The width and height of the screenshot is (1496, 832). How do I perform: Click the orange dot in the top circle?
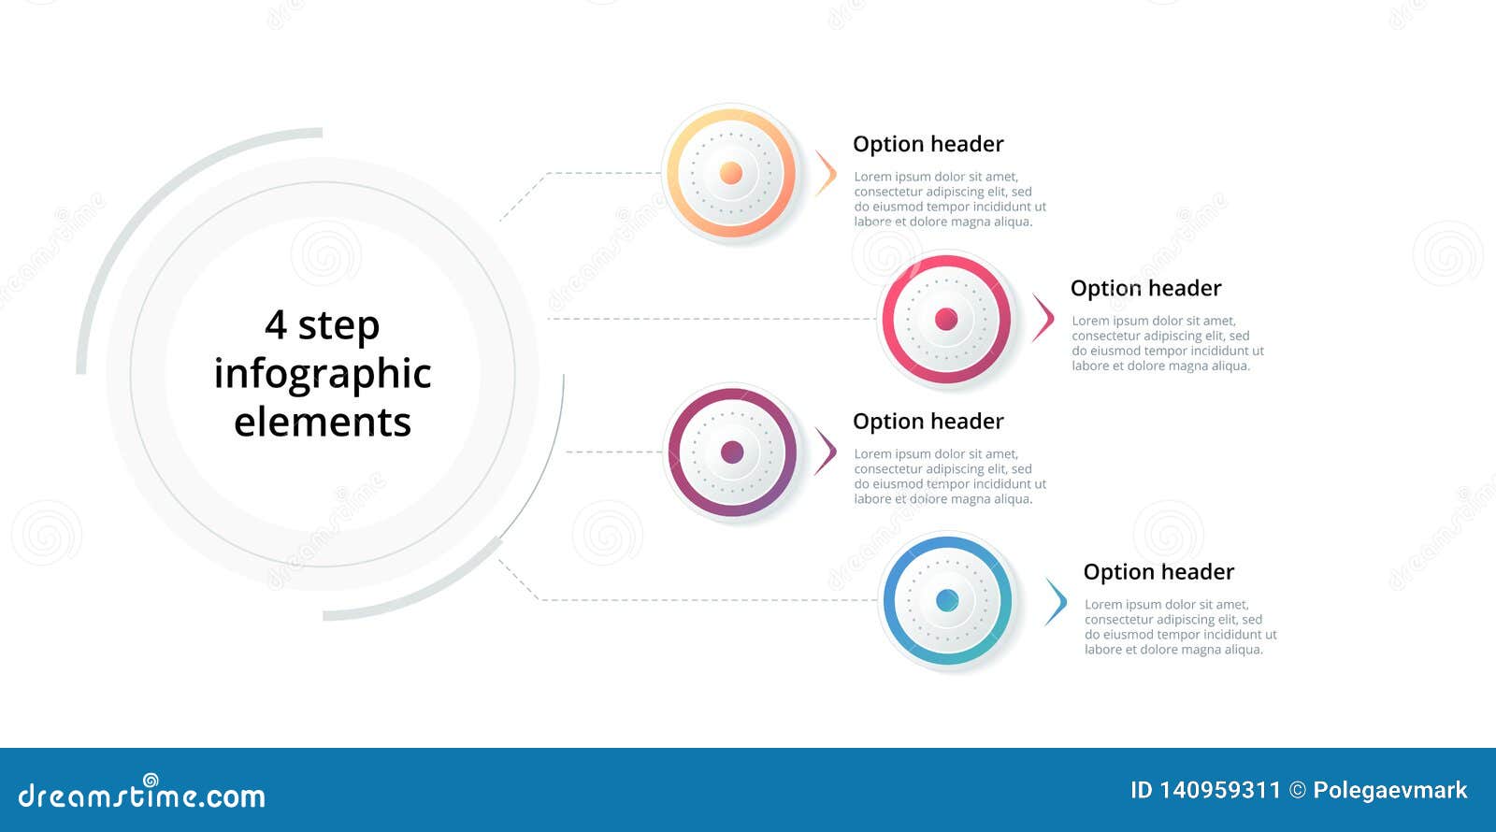point(731,173)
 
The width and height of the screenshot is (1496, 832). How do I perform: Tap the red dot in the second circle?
point(946,319)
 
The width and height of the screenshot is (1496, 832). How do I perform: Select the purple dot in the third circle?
point(732,452)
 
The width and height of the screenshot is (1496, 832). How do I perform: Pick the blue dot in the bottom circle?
point(947,600)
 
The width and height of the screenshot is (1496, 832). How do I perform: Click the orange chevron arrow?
point(826,173)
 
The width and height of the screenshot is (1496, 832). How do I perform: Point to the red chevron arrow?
point(1043,318)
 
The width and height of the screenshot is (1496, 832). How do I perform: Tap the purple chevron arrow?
point(826,452)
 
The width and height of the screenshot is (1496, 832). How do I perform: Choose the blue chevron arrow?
point(1057,601)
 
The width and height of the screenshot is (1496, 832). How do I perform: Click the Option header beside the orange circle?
point(928,144)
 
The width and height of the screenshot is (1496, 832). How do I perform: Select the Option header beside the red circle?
point(1145,288)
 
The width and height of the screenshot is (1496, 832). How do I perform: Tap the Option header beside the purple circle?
point(928,422)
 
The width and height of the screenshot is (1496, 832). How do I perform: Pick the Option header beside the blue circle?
point(1158,572)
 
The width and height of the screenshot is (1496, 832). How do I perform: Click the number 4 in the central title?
point(276,325)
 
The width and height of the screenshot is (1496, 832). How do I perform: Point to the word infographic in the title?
point(323,374)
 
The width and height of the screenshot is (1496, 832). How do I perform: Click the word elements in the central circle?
point(323,423)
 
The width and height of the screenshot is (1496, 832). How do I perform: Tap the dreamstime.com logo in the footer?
point(142,795)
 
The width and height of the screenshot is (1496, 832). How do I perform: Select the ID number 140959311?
point(1219,791)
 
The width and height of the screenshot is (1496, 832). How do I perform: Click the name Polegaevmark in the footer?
point(1389,791)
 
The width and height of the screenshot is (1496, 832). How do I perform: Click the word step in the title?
point(338,326)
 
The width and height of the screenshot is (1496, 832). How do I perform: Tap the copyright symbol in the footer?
point(1297,791)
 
